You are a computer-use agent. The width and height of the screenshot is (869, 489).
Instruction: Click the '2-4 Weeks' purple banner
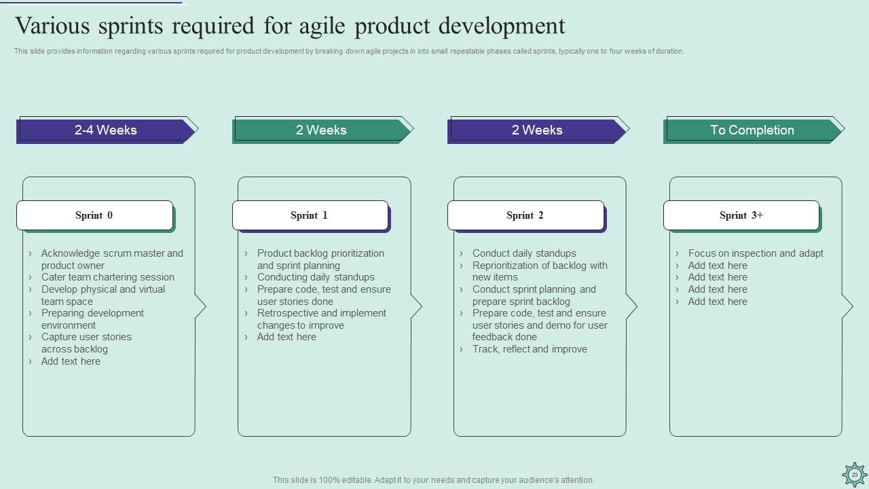click(106, 130)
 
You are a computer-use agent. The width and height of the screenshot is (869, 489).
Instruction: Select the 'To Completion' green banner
click(752, 130)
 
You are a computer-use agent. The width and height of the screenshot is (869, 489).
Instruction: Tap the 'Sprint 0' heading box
click(94, 215)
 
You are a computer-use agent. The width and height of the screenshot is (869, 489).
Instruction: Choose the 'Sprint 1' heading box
click(310, 215)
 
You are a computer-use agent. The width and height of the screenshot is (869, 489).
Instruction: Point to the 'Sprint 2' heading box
click(525, 215)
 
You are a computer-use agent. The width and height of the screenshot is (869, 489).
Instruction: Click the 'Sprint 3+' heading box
click(741, 215)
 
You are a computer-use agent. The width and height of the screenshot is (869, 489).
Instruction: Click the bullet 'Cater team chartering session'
click(107, 277)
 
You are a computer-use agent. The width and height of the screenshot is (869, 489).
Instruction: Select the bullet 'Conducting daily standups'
click(316, 277)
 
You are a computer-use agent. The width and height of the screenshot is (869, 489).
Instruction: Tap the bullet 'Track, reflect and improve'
click(530, 349)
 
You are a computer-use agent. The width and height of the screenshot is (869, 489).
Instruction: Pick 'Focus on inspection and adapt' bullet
click(755, 253)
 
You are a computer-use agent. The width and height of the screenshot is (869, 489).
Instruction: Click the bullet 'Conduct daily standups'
click(524, 253)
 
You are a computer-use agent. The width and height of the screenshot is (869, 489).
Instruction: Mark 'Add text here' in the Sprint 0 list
click(71, 361)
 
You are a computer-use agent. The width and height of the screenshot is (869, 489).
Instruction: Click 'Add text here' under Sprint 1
click(286, 337)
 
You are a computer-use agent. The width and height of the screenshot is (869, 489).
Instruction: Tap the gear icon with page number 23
click(854, 475)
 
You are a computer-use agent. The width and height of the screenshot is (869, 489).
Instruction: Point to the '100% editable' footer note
click(433, 480)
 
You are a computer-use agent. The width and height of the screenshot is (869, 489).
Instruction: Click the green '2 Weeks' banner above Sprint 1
click(321, 130)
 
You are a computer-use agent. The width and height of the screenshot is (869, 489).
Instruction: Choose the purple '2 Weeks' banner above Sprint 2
click(536, 130)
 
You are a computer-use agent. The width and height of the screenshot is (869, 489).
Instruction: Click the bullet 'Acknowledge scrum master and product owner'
click(111, 259)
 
